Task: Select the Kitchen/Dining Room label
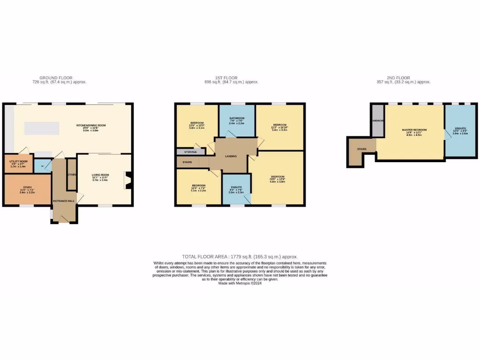91,125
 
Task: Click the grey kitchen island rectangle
42,128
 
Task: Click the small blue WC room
43,166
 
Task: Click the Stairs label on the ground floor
72,174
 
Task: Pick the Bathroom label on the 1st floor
237,118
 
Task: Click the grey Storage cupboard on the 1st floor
190,151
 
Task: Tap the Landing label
231,156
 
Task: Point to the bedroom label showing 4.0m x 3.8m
278,178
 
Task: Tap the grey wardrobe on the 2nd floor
377,120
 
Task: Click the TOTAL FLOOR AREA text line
240,257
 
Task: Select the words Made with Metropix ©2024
240,283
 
